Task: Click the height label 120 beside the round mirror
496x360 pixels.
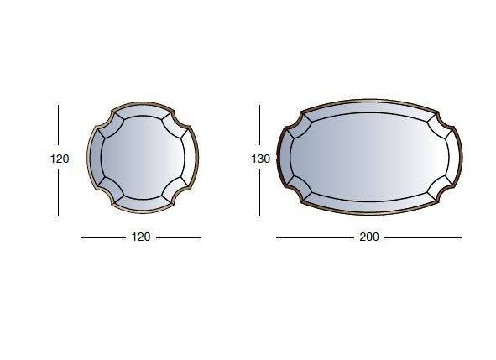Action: point(60,159)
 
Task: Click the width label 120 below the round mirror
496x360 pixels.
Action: point(141,237)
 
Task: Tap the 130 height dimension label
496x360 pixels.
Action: point(261,159)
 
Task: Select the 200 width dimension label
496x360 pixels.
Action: point(369,237)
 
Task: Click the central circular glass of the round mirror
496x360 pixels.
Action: point(143,158)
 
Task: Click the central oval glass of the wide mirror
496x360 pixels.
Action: point(369,157)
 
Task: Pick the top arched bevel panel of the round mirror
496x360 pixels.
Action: point(143,112)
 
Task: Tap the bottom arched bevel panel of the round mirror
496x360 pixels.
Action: point(143,203)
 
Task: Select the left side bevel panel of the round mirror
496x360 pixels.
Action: point(96,157)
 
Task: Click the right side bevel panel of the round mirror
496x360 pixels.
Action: point(190,157)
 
